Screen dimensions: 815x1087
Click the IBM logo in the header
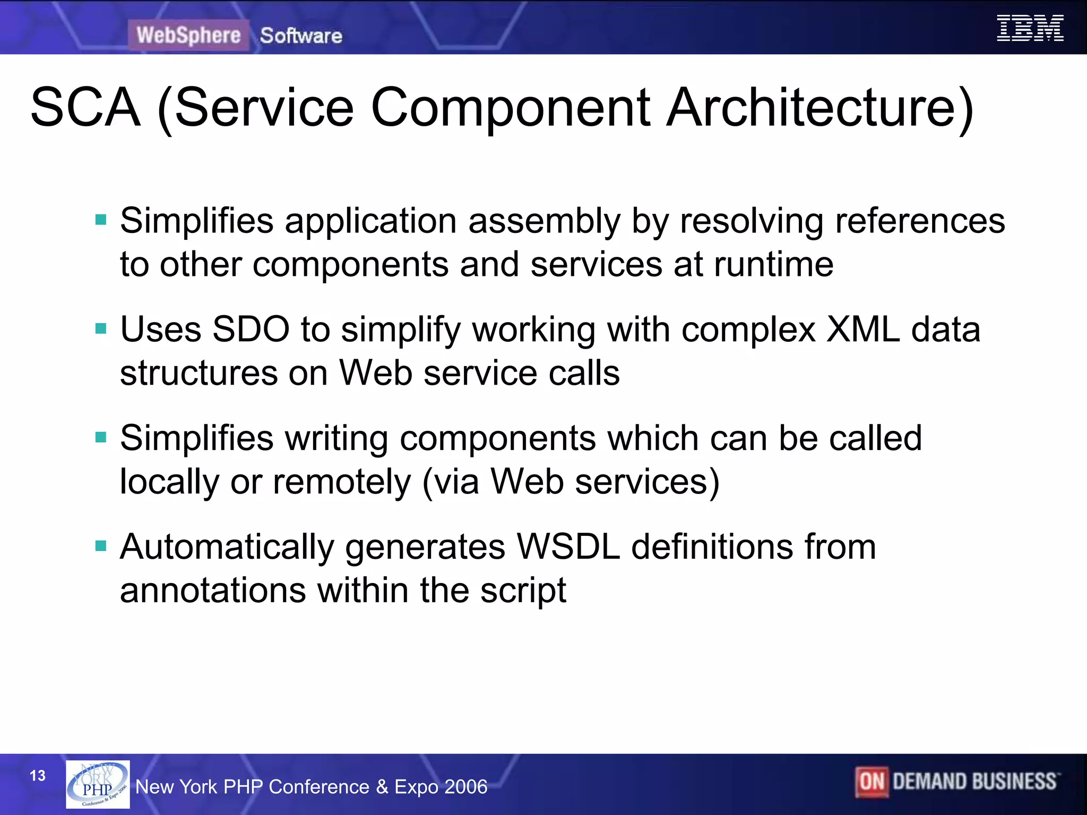coord(1030,28)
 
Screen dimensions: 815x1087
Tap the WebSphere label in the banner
coord(188,36)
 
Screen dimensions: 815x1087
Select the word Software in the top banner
coord(301,36)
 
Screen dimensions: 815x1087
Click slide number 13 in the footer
coord(38,776)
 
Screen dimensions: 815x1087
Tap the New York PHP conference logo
coord(98,784)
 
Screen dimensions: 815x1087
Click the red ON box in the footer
coord(872,782)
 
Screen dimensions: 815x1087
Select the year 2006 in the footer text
coord(467,787)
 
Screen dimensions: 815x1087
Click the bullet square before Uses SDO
coord(101,329)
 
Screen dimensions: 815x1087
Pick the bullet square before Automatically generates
coord(101,546)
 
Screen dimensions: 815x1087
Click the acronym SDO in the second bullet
coord(251,330)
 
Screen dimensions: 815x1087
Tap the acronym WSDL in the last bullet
coord(568,547)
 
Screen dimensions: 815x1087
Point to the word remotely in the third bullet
coord(342,482)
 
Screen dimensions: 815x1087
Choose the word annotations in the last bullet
coord(213,591)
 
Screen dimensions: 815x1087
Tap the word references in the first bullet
coord(920,221)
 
